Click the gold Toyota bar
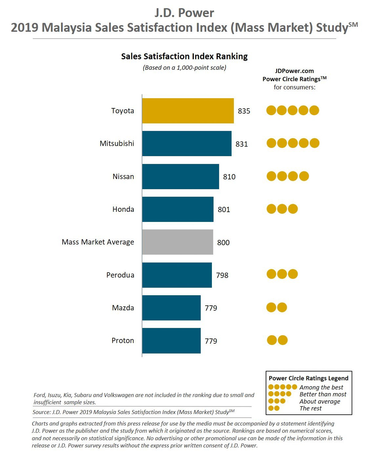(x=188, y=111)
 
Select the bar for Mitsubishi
(x=187, y=144)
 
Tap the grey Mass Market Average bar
(x=177, y=242)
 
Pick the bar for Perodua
(x=177, y=275)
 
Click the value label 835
(x=244, y=111)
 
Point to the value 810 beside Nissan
(x=229, y=177)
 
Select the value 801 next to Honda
(x=224, y=210)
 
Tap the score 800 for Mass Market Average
(x=223, y=242)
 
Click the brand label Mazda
(x=123, y=308)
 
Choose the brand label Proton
(x=123, y=341)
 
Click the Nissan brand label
(x=123, y=176)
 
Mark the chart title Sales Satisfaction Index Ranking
(x=184, y=56)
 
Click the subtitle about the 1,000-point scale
(x=184, y=68)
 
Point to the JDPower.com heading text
(x=294, y=71)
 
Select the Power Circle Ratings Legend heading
(x=308, y=378)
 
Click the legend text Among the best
(x=321, y=387)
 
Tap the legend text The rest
(x=311, y=408)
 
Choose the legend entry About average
(x=320, y=401)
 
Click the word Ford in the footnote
(x=39, y=395)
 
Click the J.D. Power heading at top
(x=184, y=13)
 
